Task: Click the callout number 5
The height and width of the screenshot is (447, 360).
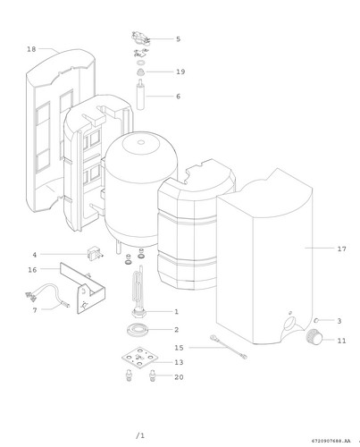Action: click(178, 39)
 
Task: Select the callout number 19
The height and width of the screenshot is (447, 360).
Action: click(180, 72)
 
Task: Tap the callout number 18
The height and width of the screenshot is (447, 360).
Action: click(31, 49)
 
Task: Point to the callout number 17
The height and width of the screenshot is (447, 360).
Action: click(342, 249)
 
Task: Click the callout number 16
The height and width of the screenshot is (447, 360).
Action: click(32, 270)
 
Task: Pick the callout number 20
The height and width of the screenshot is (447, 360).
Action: click(179, 377)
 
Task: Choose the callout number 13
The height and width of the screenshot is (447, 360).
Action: click(179, 362)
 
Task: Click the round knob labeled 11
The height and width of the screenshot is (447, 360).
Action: click(314, 337)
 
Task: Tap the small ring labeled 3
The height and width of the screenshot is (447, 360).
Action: click(316, 320)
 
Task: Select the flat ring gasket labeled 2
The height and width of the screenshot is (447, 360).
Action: click(138, 330)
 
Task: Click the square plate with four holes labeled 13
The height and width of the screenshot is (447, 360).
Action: click(139, 358)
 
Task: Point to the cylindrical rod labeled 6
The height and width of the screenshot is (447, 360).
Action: click(140, 95)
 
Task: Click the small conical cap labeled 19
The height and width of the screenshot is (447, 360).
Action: click(140, 72)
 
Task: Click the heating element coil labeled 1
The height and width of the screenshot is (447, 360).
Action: click(138, 292)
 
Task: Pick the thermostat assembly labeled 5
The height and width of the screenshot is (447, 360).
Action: click(140, 38)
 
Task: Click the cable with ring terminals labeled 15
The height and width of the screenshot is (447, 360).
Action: click(229, 347)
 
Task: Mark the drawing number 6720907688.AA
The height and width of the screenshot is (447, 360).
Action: click(331, 441)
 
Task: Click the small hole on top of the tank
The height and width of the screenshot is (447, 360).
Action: click(141, 142)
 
